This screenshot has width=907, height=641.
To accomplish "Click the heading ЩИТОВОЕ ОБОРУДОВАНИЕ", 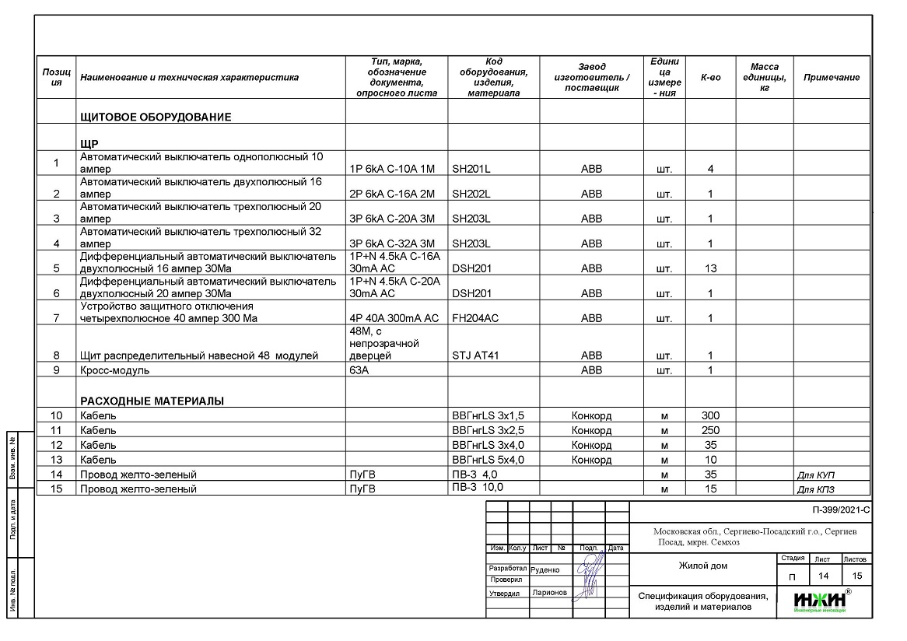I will point(156,117).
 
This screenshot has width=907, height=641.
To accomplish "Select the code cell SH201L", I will point(471,169).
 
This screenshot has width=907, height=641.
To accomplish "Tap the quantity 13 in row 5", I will point(710,268).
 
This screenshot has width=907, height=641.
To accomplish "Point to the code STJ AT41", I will point(476,356).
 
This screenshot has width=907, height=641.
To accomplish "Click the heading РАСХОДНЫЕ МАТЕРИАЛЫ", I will point(152,401).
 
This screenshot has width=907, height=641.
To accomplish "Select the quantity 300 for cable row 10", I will point(710,415).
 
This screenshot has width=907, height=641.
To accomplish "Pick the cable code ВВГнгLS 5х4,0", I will point(488,460).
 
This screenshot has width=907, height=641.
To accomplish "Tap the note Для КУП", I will point(816,475).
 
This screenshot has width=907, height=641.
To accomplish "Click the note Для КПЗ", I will point(816,489).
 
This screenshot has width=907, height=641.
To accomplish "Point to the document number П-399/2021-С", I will point(839,511).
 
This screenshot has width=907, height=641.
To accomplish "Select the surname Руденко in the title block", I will point(545,569).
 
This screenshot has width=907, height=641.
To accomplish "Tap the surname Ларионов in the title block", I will point(549,593).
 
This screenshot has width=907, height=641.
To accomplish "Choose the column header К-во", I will point(710,77).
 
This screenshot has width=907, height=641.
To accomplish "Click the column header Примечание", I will point(832,77).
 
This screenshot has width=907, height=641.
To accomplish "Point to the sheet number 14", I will point(822,576).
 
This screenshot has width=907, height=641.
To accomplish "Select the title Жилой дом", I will point(702,566).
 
